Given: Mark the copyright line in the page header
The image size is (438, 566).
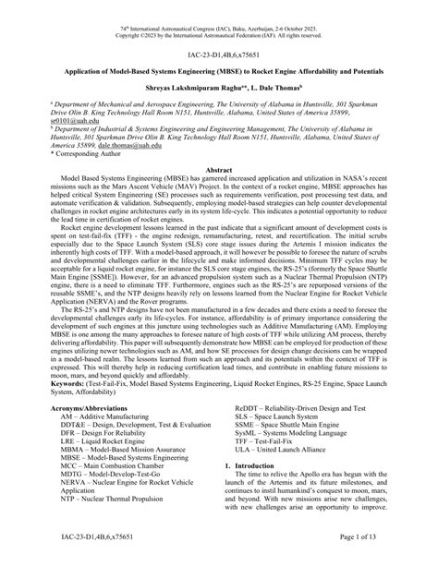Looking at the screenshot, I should click(218, 15).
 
